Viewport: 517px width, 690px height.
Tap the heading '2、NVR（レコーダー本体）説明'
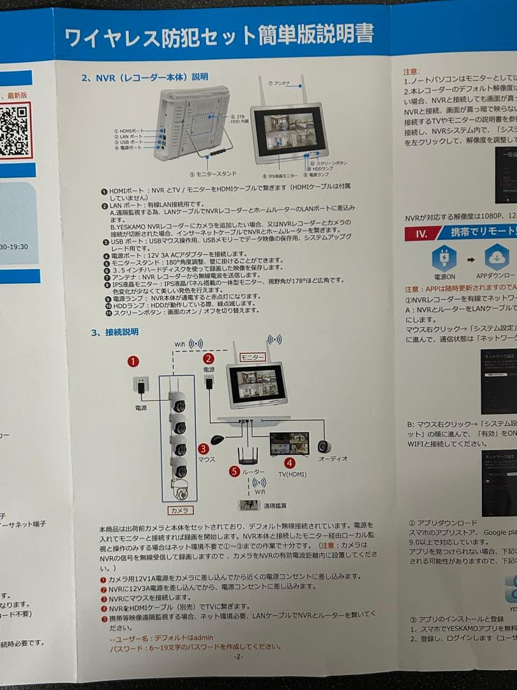pos(145,77)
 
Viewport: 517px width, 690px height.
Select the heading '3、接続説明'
pos(115,332)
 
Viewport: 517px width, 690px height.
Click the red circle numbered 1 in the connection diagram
pos(133,362)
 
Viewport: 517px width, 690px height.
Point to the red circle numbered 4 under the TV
pos(289,463)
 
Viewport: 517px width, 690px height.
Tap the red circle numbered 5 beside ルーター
pos(234,471)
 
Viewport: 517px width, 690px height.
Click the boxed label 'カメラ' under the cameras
pos(178,510)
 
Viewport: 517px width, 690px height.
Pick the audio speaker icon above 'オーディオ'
pos(324,445)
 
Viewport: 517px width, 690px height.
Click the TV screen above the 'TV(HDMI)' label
pos(289,443)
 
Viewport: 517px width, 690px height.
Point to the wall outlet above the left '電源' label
pos(141,385)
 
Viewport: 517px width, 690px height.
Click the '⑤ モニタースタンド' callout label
pos(213,173)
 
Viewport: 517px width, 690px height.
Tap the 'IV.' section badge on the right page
pos(421,233)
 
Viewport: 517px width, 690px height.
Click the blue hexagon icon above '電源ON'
pos(444,258)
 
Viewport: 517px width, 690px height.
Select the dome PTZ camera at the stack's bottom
pos(181,489)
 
